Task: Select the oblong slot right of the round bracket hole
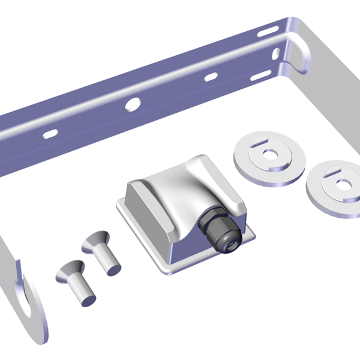click(210, 77)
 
